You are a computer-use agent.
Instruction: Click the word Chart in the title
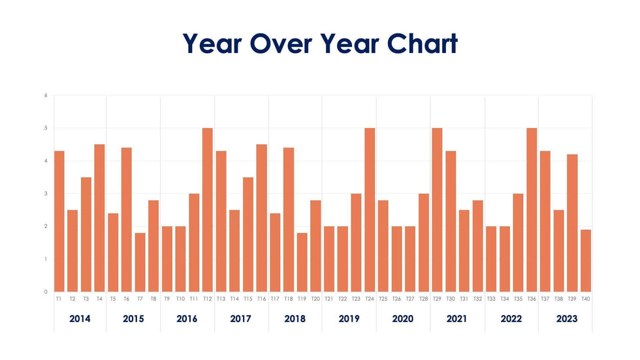point(423,44)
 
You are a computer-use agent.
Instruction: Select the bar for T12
point(207,210)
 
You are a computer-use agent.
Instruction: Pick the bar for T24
point(370,210)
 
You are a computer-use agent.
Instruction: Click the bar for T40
point(586,261)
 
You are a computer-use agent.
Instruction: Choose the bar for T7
point(140,262)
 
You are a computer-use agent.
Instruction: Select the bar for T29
point(437,210)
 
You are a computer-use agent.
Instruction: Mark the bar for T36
point(532,210)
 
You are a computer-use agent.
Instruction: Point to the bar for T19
point(302,262)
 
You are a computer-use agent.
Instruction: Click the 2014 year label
point(80,319)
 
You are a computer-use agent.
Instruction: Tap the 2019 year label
point(349,319)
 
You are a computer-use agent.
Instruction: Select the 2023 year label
point(566,319)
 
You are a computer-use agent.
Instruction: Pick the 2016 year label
point(187,319)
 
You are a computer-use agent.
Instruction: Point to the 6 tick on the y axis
point(46,95)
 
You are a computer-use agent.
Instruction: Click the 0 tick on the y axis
point(46,292)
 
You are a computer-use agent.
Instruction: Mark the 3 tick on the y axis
point(46,194)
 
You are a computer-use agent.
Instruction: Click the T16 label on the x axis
point(261,299)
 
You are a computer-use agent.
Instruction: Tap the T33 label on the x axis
point(491,299)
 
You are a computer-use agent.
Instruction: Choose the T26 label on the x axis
point(396,299)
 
